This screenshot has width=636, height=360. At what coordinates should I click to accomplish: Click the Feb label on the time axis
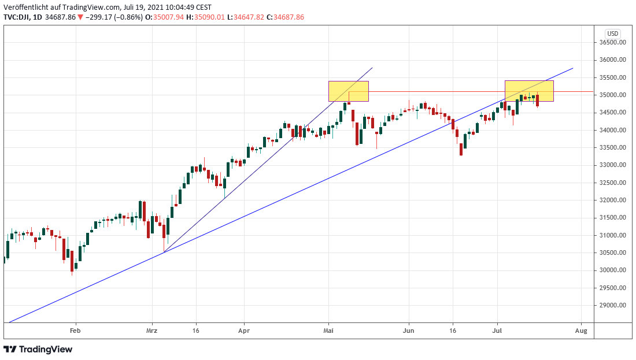click(x=75, y=331)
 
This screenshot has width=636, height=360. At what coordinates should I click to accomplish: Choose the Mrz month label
click(x=151, y=331)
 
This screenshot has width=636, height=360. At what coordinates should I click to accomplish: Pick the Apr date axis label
click(x=244, y=331)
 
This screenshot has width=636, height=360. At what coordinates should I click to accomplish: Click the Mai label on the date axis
click(x=329, y=331)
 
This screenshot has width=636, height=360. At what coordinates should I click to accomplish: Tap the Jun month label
click(x=409, y=331)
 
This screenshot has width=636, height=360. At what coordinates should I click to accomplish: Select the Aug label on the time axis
click(x=582, y=331)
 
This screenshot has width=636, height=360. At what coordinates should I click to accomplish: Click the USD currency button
click(x=613, y=34)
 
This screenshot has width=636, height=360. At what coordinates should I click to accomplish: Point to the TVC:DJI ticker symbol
click(x=18, y=17)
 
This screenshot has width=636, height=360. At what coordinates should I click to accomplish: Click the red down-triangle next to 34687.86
click(x=80, y=17)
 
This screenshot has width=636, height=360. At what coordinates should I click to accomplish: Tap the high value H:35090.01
click(x=207, y=17)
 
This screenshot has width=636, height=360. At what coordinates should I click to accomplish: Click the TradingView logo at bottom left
click(x=38, y=349)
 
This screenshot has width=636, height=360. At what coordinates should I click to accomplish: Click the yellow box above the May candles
click(x=349, y=91)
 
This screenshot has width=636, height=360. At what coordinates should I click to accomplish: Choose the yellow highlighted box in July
click(x=529, y=91)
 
